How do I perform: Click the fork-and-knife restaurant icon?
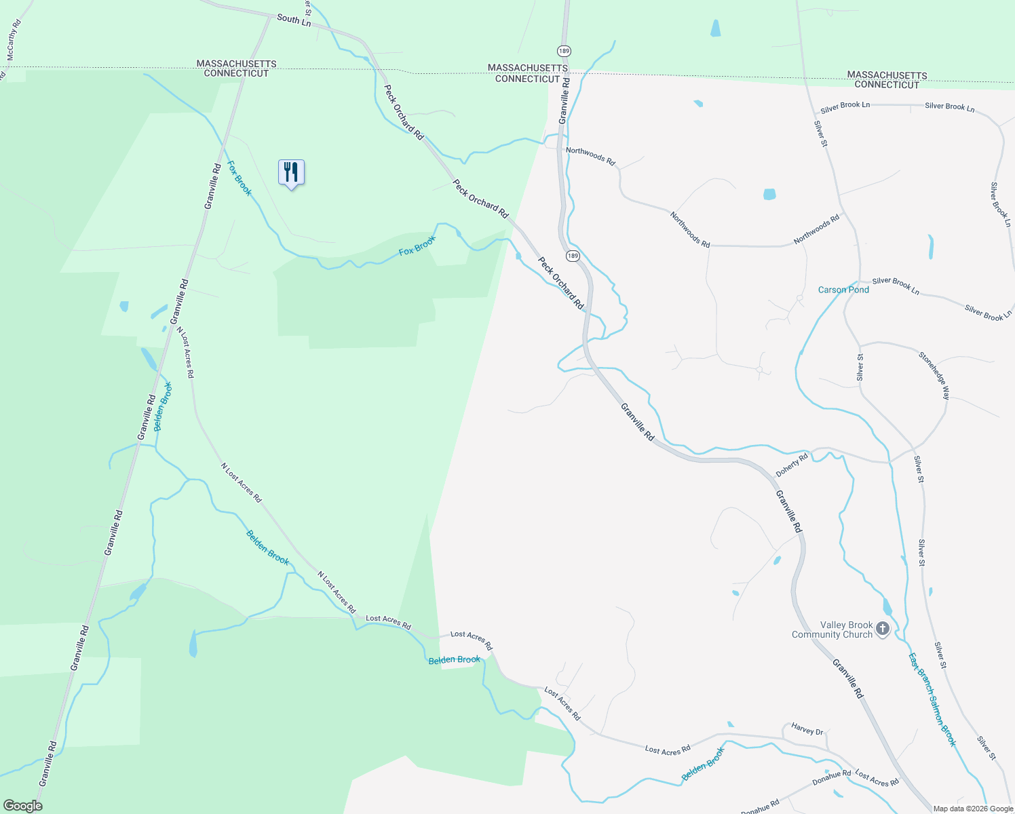(x=291, y=173)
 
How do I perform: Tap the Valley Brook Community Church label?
(x=832, y=630)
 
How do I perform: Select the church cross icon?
(x=883, y=629)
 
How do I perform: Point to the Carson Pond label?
(x=843, y=290)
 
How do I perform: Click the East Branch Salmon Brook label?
(x=932, y=699)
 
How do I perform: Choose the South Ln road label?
(x=294, y=20)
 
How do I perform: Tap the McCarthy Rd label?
(x=14, y=40)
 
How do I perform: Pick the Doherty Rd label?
(x=792, y=465)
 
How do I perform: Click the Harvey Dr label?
(x=807, y=730)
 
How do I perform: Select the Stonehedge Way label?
(x=934, y=374)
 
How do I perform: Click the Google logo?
(x=22, y=806)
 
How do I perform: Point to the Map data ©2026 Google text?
(x=973, y=809)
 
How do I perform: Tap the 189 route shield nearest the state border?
(x=564, y=51)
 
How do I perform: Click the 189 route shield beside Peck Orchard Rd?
(x=573, y=256)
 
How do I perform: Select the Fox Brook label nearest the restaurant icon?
(x=239, y=178)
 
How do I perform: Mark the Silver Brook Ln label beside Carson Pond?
(x=896, y=286)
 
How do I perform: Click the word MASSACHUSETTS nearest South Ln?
(x=236, y=64)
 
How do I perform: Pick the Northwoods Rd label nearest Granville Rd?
(x=590, y=156)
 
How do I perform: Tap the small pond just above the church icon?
(x=887, y=606)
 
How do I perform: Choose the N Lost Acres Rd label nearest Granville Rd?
(x=185, y=352)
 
